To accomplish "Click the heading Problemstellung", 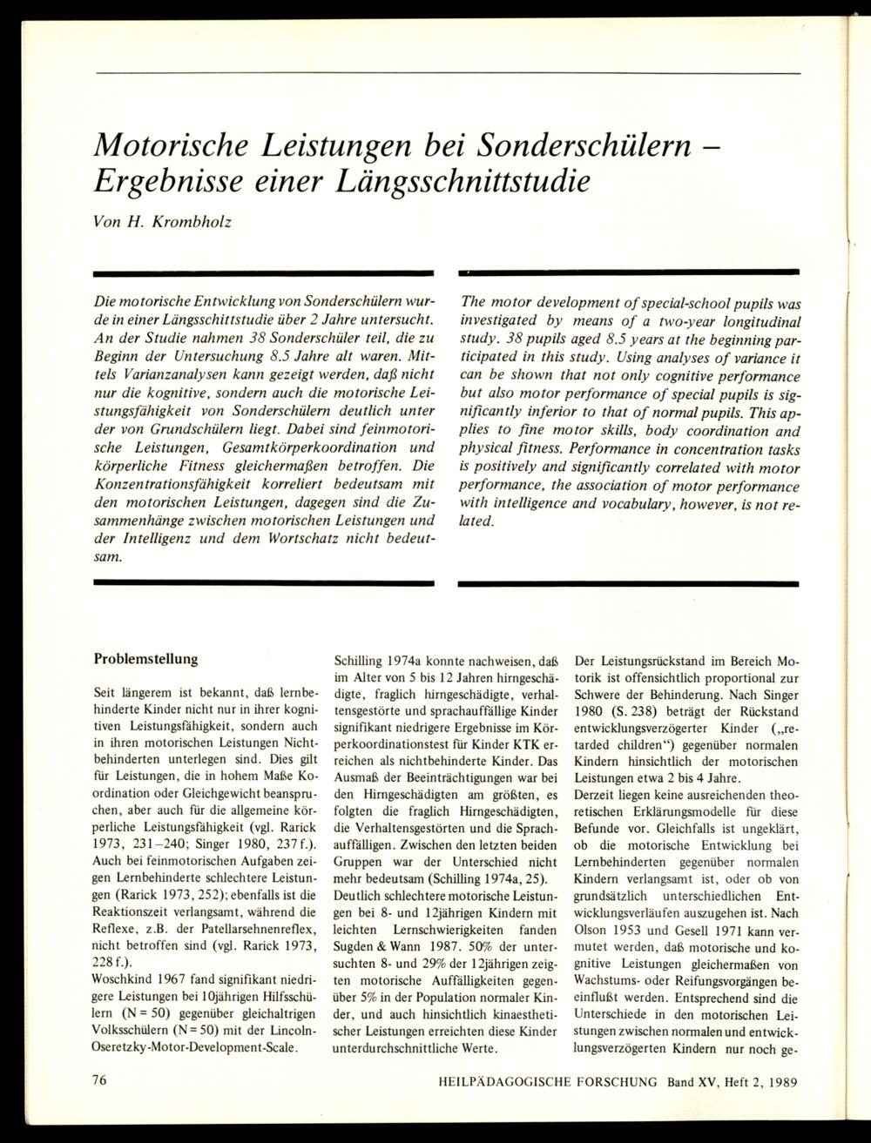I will click(145, 659).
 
